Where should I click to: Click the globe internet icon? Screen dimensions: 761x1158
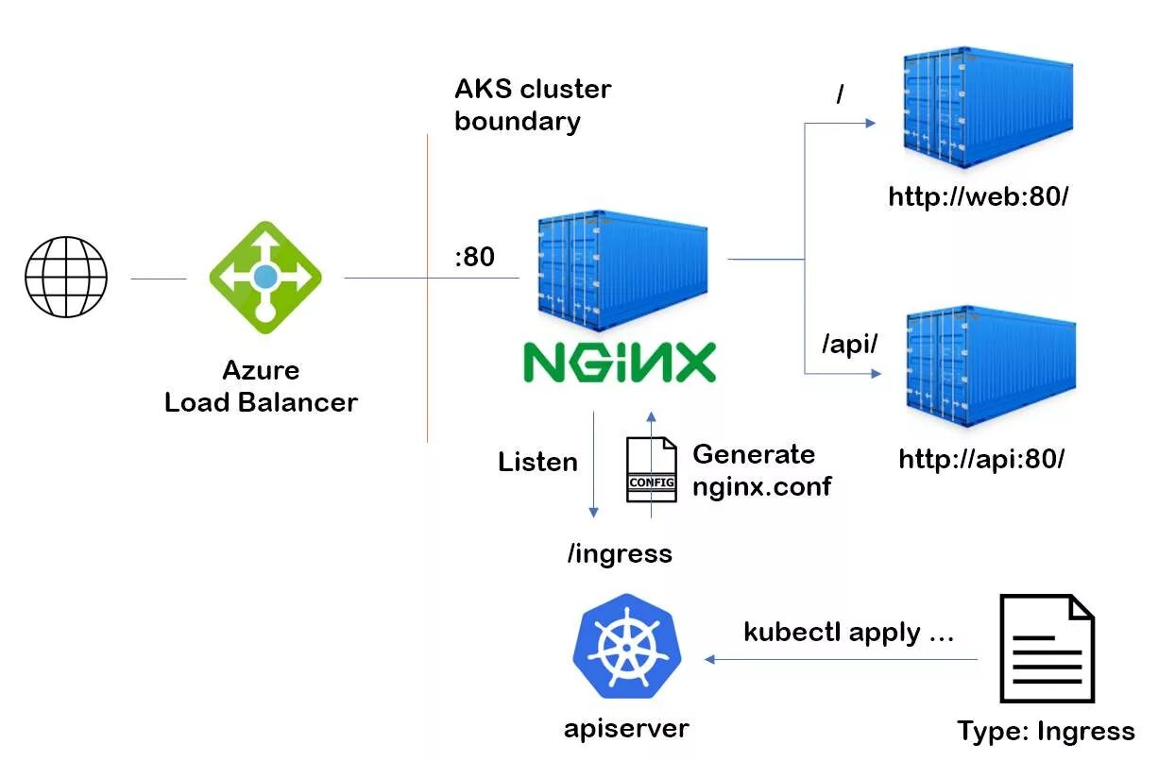coord(66,278)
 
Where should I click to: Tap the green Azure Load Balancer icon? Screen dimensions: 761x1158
coord(265,278)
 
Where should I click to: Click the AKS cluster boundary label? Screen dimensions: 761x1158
coord(533,105)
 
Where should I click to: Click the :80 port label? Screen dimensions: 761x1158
coord(474,256)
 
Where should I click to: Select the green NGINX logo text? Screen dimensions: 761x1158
coord(620,363)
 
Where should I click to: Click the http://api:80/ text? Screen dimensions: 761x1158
coord(982,460)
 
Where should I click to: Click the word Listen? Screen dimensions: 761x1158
coord(537,462)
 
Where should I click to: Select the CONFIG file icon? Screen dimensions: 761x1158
coord(652,470)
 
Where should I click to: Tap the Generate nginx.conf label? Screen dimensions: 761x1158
coord(761,469)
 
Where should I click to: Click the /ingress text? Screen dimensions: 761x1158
coord(620,553)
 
